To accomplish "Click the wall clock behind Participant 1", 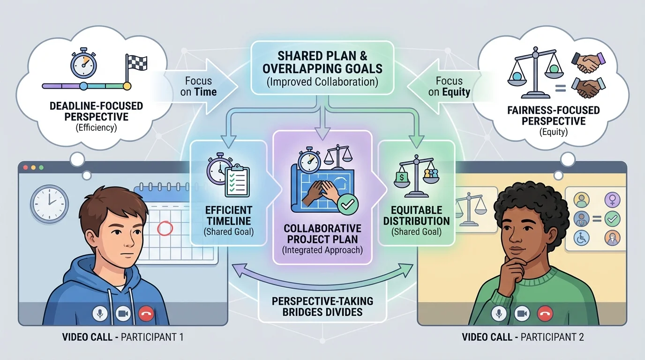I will pos(48,203).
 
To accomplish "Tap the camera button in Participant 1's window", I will pos(123,314).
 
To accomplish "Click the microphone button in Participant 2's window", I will pos(498,314).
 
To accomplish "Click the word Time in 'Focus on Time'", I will pos(205,92).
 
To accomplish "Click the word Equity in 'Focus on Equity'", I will pos(456,92).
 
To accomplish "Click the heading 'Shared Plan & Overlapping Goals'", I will pos(322,62).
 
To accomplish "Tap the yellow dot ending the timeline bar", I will pos(126,86).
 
